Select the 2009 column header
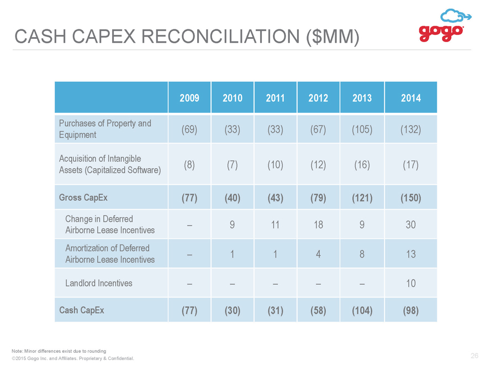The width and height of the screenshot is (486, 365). [x=189, y=98]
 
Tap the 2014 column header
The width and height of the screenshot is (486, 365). [x=411, y=98]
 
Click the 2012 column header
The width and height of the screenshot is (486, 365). [x=318, y=98]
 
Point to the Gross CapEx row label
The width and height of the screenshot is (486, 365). [x=83, y=198]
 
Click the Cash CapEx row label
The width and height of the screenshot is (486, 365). [x=82, y=310]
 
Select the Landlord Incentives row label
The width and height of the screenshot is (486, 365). [x=98, y=283]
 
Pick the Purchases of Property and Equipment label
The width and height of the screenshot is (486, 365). [x=105, y=129]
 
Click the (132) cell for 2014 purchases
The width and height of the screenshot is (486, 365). [x=411, y=129]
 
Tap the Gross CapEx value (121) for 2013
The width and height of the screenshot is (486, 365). [x=362, y=198]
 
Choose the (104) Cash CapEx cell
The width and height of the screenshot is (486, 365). [x=362, y=310]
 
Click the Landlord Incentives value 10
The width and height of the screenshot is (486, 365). [x=411, y=283]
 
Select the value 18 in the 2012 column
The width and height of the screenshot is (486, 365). [x=318, y=225]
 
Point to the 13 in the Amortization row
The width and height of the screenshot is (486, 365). [x=411, y=254]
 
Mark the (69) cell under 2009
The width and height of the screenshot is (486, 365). [x=189, y=129]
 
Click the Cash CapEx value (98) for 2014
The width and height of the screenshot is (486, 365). [x=411, y=310]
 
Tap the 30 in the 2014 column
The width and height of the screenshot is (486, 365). [x=411, y=225]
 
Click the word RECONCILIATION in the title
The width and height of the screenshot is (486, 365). [x=220, y=36]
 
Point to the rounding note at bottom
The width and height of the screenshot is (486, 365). [x=59, y=351]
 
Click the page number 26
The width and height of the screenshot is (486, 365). [x=474, y=356]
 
